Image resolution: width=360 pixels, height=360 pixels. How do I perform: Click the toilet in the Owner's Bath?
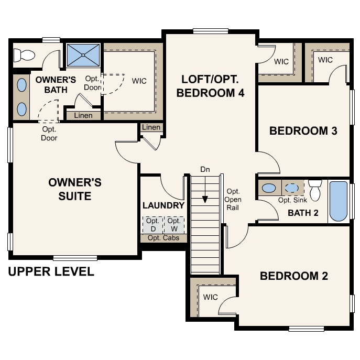click(24, 54)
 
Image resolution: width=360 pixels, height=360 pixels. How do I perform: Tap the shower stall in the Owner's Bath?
click(83, 54)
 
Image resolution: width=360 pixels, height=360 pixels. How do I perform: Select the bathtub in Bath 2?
click(338, 201)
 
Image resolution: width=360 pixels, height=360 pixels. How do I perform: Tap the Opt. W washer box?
click(174, 225)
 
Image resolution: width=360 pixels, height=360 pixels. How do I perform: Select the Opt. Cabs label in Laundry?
click(163, 238)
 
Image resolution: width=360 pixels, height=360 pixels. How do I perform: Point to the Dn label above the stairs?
click(205, 169)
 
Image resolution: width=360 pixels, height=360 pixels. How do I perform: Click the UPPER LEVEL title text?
click(51, 271)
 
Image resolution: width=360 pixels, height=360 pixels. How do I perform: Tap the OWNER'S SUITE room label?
click(74, 190)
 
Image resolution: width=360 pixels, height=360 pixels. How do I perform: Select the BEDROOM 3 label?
click(303, 131)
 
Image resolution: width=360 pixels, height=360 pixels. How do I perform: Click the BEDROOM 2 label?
click(293, 276)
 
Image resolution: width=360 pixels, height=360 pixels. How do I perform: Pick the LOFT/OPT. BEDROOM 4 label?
click(211, 86)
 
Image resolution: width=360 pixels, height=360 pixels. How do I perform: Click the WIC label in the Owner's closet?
click(139, 81)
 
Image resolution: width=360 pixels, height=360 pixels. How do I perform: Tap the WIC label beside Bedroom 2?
click(210, 297)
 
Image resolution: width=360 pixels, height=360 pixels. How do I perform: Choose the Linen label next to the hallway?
click(151, 127)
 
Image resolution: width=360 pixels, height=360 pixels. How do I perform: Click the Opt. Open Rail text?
click(233, 199)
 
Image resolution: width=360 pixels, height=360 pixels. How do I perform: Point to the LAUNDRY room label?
click(163, 205)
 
